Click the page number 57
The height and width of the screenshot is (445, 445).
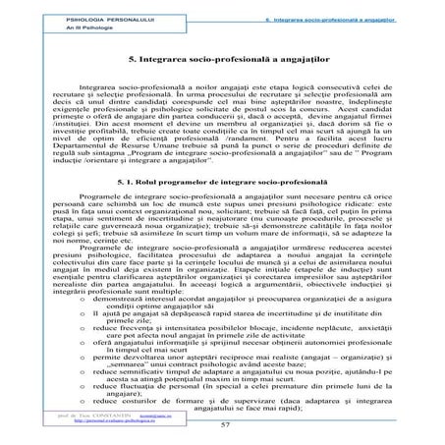(225, 424)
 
